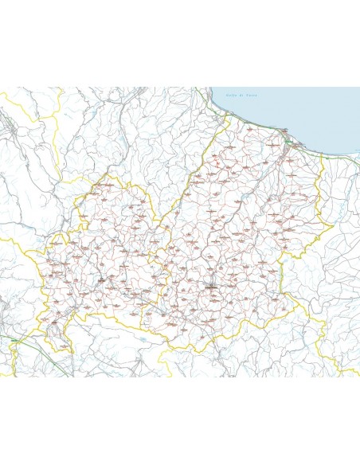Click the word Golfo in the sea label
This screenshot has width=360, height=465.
[231, 96]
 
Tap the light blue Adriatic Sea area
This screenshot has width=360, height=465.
[303, 111]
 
